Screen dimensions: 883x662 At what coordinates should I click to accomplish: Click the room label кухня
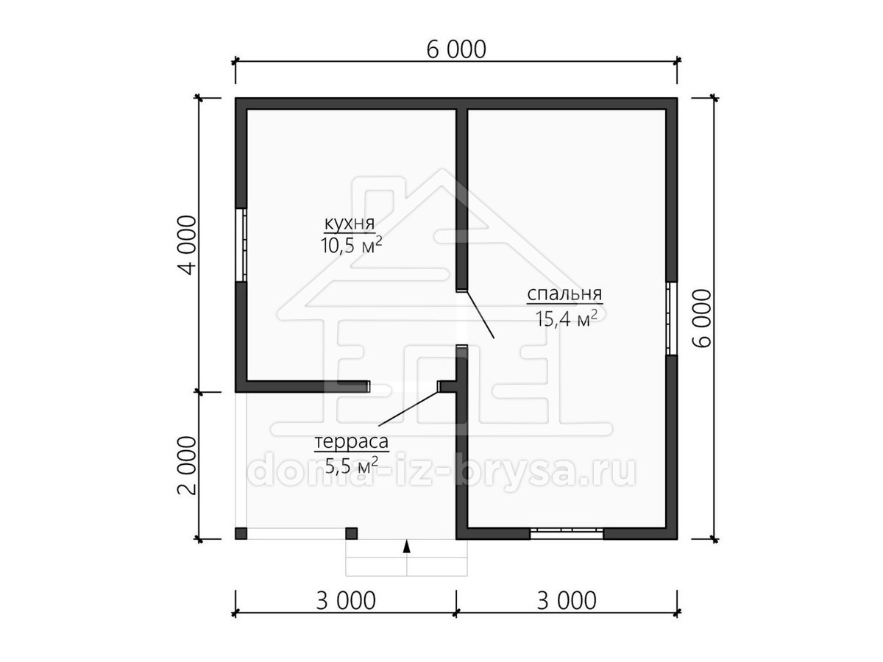click(350, 224)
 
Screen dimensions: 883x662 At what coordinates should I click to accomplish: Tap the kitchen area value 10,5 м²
click(351, 246)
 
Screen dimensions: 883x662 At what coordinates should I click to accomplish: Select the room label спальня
click(564, 295)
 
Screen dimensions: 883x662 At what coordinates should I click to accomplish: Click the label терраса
click(351, 442)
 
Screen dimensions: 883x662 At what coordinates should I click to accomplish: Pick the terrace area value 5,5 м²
click(351, 466)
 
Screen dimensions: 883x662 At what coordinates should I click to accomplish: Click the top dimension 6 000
click(456, 50)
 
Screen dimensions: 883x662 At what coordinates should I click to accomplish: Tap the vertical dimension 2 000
click(187, 466)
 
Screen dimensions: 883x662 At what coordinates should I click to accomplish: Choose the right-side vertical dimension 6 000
click(702, 318)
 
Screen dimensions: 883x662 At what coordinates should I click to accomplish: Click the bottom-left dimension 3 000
click(346, 601)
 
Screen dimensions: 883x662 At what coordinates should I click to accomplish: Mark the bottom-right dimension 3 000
click(567, 601)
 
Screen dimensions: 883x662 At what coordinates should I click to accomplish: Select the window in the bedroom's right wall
click(671, 318)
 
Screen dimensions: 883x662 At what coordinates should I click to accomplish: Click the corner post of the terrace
click(241, 533)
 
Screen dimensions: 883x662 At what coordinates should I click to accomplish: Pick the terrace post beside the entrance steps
click(352, 533)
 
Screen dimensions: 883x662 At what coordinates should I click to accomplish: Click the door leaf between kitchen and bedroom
click(480, 315)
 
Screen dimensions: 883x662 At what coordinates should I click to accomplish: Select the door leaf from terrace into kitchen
click(408, 407)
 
